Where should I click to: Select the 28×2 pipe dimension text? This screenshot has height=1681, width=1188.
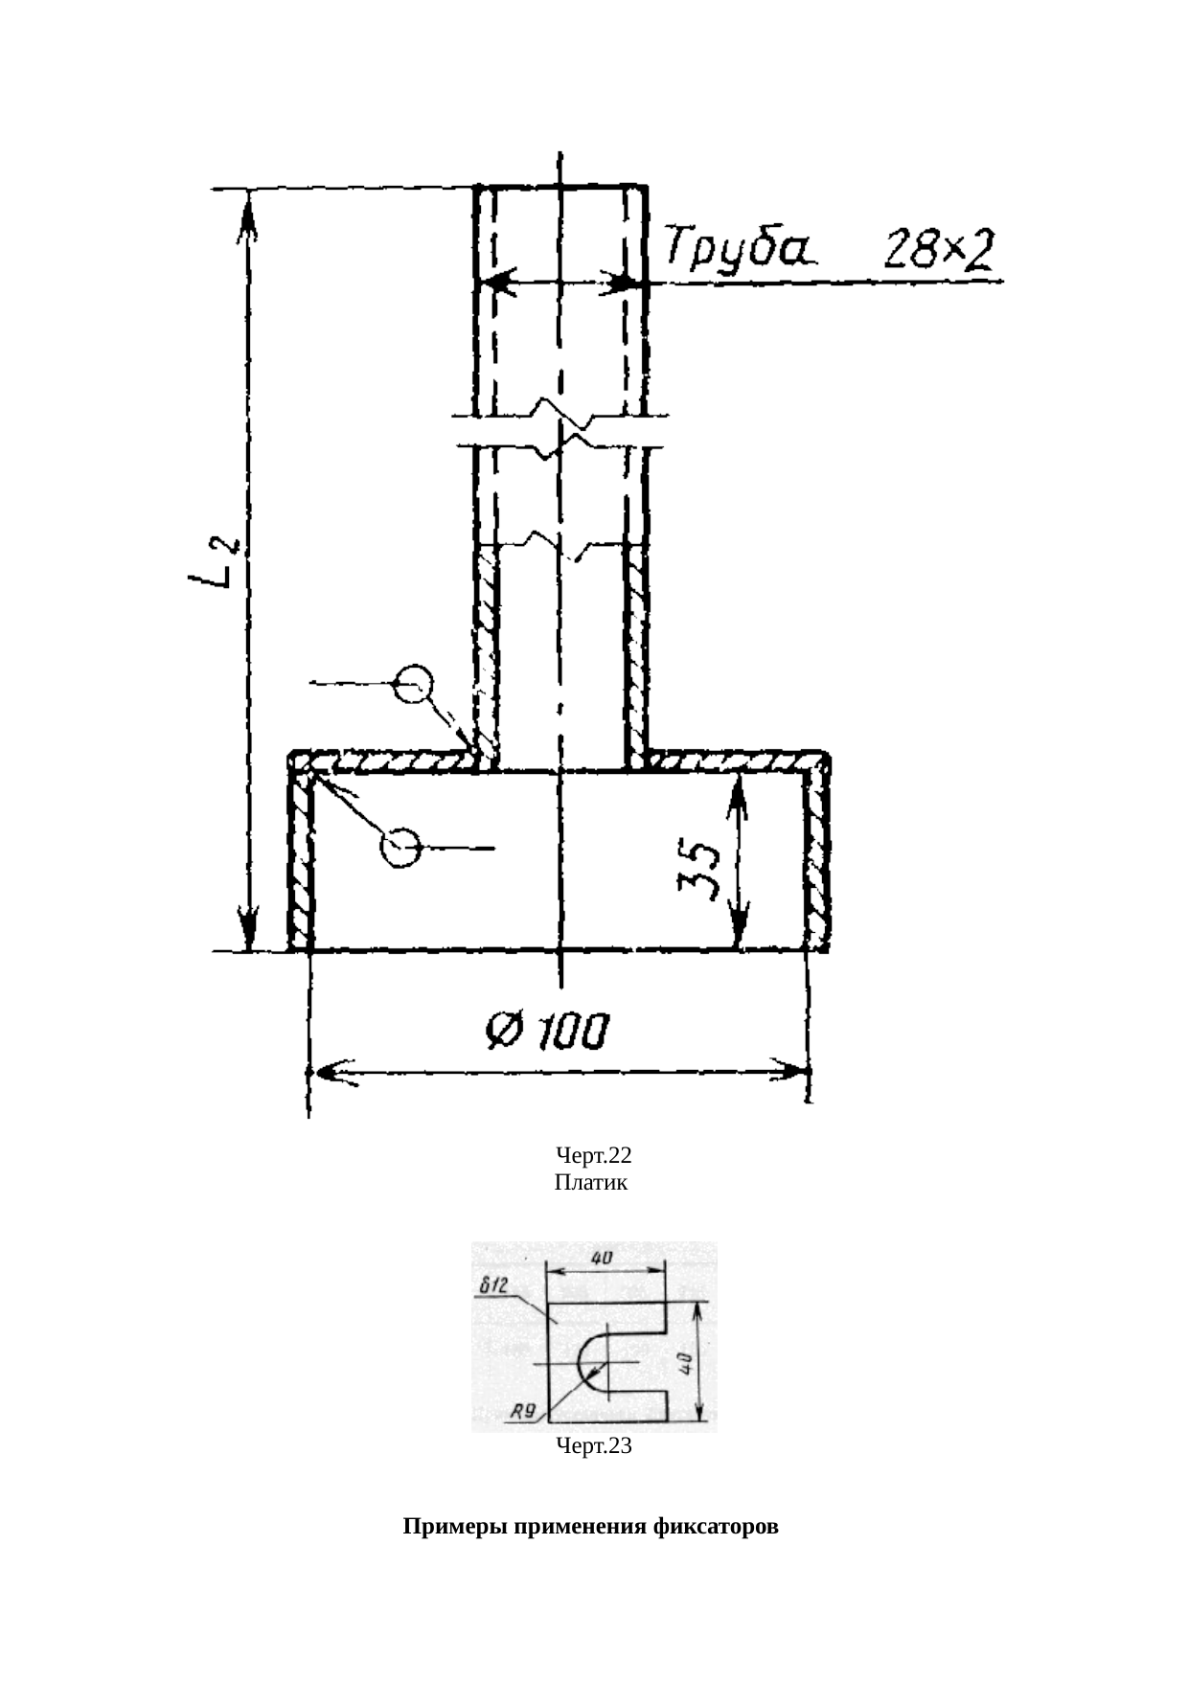[938, 251]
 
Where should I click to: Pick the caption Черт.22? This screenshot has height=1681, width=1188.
[594, 1156]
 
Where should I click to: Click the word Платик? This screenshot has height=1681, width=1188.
[591, 1183]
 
